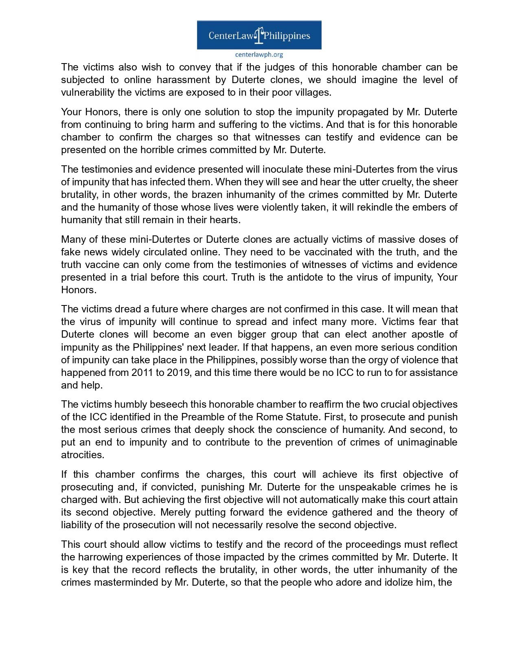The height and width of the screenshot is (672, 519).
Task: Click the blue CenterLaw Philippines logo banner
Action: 259,35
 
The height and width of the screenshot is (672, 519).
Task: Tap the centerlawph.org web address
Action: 259,55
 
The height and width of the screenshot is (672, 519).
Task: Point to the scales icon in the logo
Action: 259,35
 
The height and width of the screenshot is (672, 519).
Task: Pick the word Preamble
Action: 200,417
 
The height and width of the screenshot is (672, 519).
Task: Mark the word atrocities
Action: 83,455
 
